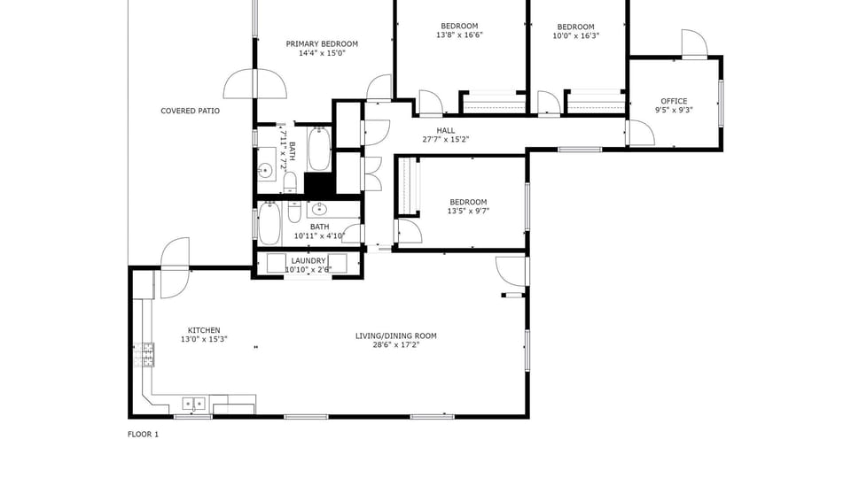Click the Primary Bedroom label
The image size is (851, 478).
322,44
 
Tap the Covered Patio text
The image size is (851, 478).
190,111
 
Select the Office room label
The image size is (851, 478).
674,101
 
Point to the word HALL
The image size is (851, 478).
446,130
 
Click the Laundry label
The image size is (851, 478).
308,260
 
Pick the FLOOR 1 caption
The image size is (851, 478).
144,434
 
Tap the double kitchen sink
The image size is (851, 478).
194,404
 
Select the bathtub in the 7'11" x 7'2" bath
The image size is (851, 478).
320,149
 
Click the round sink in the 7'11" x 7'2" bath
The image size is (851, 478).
265,171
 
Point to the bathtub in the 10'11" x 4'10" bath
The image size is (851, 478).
269,223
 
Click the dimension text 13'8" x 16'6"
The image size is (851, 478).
459,35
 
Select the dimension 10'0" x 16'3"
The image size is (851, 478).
575,35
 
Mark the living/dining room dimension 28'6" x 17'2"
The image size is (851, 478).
395,344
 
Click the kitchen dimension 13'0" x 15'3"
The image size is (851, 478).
204,339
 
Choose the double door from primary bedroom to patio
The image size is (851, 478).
254,84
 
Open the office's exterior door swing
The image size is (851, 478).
695,42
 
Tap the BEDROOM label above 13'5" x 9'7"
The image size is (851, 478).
468,202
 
